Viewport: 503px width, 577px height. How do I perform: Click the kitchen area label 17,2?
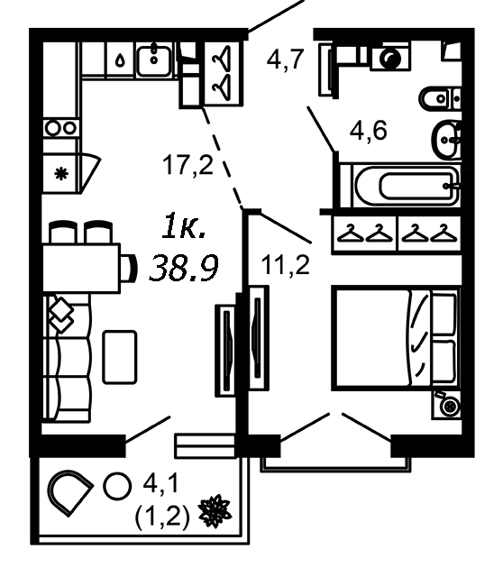[187, 165]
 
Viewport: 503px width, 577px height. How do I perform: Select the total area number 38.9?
[184, 269]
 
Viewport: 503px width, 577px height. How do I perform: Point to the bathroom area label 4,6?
[368, 130]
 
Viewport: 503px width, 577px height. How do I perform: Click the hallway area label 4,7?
[285, 60]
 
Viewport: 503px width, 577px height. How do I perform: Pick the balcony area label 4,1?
[160, 482]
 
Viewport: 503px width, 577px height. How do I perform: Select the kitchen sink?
[154, 60]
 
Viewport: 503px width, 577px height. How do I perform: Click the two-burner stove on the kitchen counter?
[61, 128]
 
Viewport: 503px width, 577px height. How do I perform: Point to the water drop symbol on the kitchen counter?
[120, 60]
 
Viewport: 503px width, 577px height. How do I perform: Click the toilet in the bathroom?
[440, 98]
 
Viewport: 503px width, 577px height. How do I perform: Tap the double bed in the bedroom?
[396, 338]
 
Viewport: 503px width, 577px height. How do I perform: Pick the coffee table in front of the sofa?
[120, 357]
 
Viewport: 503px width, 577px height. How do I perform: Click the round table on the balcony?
[117, 486]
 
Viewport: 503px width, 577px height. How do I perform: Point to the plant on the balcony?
[215, 511]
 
